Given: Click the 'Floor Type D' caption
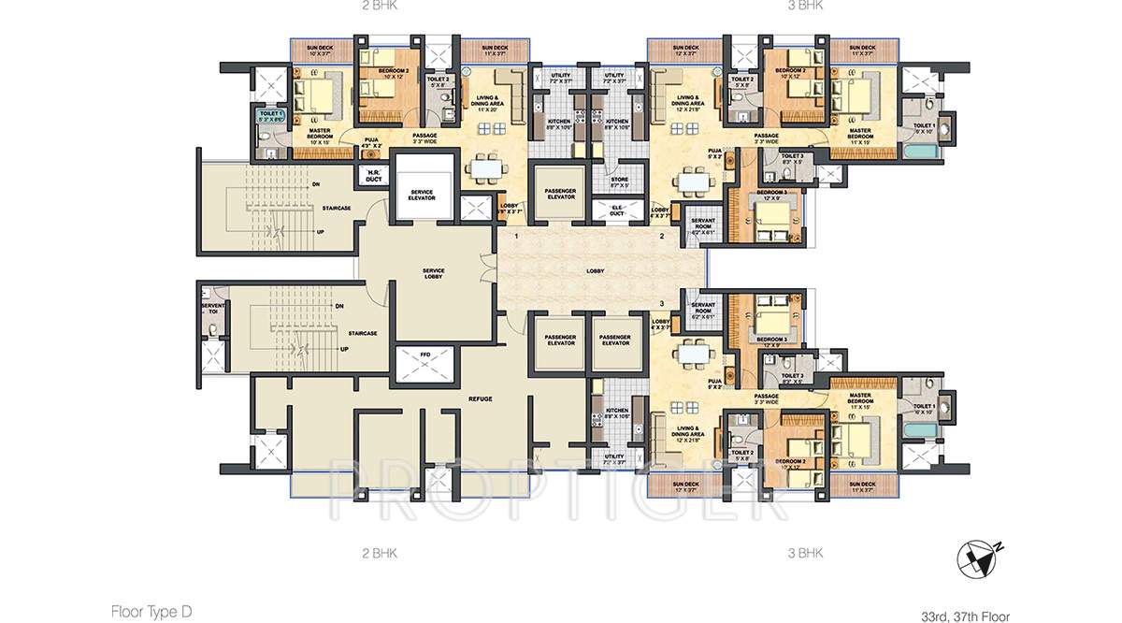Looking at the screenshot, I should pos(151,612).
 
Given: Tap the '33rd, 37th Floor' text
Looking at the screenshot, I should pos(965,616).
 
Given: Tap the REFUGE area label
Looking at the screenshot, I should pos(480,398).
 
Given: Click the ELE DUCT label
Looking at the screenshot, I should pos(618,210).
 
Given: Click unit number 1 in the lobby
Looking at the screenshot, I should pos(516,238).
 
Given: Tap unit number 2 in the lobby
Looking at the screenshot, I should pos(662,238).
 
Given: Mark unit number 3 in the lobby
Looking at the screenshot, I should pos(662,304).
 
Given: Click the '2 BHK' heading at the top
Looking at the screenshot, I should pos(379,5).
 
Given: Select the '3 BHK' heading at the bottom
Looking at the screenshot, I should pos(805,553).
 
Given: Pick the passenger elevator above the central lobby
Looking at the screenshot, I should pos(559,193).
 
